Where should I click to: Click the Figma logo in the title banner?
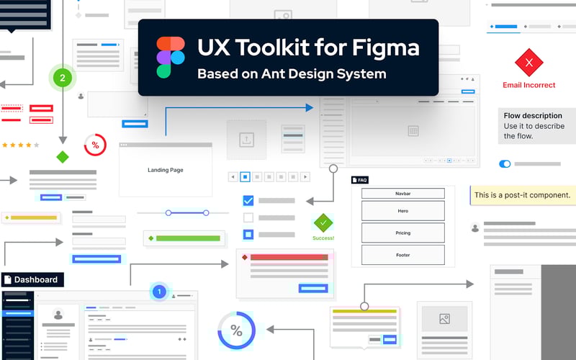coord(170,57)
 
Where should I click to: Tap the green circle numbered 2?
coord(63,78)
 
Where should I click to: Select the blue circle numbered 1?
coord(160,292)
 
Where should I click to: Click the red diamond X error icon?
coord(529,63)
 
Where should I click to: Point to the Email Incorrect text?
coord(529,85)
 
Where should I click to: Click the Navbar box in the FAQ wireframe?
coord(402,194)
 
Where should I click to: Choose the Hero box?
coord(402,211)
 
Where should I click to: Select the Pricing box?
coord(402,233)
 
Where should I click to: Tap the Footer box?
coord(402,255)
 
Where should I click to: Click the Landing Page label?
coord(165,170)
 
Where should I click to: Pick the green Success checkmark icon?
coord(323,222)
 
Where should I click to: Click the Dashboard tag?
coord(32,279)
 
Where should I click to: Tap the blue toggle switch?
coord(505,164)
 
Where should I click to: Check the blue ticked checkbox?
coord(248,201)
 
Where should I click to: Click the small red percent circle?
coord(95,145)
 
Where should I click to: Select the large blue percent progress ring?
coord(236,330)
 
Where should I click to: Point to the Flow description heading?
coord(533,115)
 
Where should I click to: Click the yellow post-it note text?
coord(522,195)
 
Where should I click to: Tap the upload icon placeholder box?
coord(246,140)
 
